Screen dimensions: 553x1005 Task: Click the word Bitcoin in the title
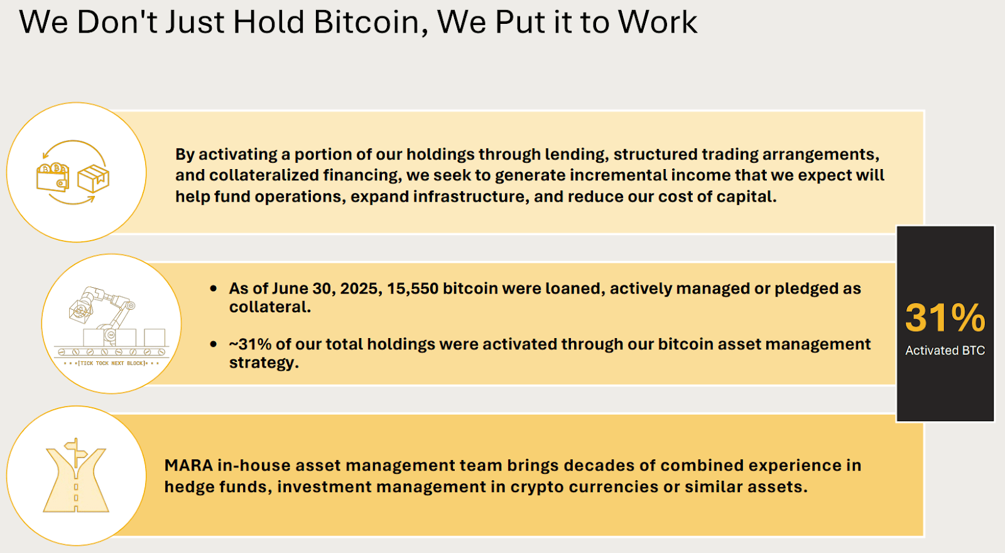pyautogui.click(x=366, y=23)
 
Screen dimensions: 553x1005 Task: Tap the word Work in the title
pyautogui.click(x=658, y=23)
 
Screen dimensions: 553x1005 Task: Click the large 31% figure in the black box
pyautogui.click(x=945, y=318)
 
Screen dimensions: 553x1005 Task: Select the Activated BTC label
pyautogui.click(x=945, y=351)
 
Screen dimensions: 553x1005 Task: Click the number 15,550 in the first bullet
pyautogui.click(x=412, y=288)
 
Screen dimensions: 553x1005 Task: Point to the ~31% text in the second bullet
pyautogui.click(x=250, y=344)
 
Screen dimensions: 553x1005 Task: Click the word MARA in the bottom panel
pyautogui.click(x=188, y=466)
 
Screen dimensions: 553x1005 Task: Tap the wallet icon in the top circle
pyautogui.click(x=53, y=177)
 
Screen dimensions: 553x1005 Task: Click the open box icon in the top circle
pyautogui.click(x=93, y=178)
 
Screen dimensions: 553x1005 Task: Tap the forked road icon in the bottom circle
pyautogui.click(x=76, y=481)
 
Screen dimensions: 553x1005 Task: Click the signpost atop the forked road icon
pyautogui.click(x=76, y=447)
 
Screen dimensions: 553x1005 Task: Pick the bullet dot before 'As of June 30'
pyautogui.click(x=214, y=288)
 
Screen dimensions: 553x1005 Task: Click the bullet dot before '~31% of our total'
pyautogui.click(x=214, y=344)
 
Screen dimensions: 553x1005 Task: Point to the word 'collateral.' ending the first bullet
pyautogui.click(x=270, y=307)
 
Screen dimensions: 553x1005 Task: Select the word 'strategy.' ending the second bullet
pyautogui.click(x=264, y=363)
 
